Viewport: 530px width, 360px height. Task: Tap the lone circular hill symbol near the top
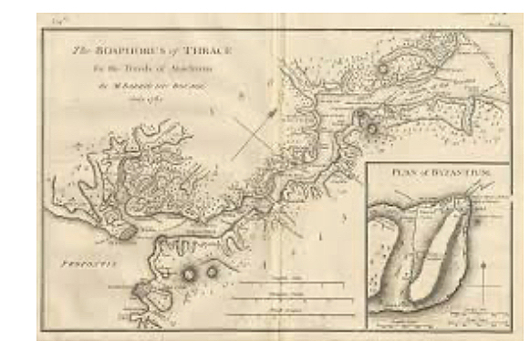tap(384, 67)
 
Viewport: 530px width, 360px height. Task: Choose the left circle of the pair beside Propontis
tap(190, 272)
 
